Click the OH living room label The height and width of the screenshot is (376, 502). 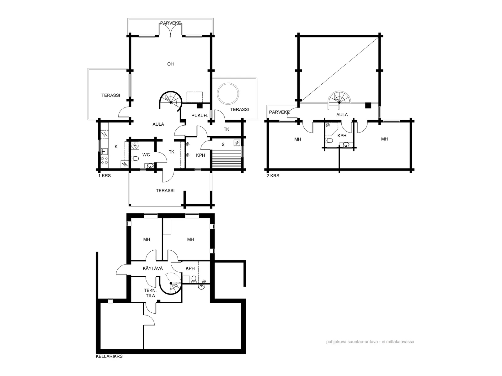170,64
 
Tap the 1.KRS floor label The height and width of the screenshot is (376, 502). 104,176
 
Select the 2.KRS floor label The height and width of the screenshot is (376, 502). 273,176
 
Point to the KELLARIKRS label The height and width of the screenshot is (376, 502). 109,356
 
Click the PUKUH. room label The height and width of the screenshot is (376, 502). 200,116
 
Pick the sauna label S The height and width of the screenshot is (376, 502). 223,144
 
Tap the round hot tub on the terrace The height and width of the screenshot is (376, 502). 228,94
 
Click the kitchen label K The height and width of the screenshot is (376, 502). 116,147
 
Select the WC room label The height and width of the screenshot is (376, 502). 146,155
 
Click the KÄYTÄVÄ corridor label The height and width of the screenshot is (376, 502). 153,269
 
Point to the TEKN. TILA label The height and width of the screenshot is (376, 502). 150,293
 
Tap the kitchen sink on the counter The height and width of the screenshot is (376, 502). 104,152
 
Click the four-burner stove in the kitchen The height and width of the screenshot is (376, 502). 104,160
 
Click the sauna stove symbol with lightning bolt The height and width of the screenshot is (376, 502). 237,143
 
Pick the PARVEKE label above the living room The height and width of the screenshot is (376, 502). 170,23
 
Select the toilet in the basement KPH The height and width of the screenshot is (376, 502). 194,279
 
